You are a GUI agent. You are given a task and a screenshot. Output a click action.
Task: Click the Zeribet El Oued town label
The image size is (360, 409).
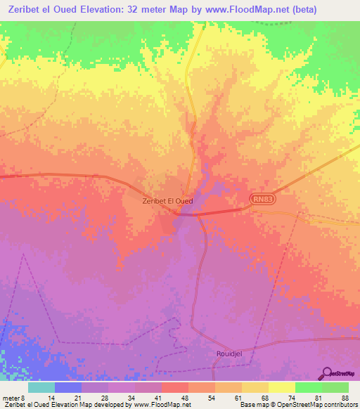tap(167, 201)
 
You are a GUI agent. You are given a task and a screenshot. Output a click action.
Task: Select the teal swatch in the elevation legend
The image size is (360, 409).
tap(41, 387)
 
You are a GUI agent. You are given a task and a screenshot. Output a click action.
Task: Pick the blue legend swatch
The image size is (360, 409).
tap(67, 387)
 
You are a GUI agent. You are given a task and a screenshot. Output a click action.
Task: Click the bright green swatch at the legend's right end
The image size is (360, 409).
tap(335, 387)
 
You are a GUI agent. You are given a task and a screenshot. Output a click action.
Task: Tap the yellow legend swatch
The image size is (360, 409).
tap(281, 387)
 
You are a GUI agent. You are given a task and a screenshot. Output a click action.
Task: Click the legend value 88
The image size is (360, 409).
tap(345, 397)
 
